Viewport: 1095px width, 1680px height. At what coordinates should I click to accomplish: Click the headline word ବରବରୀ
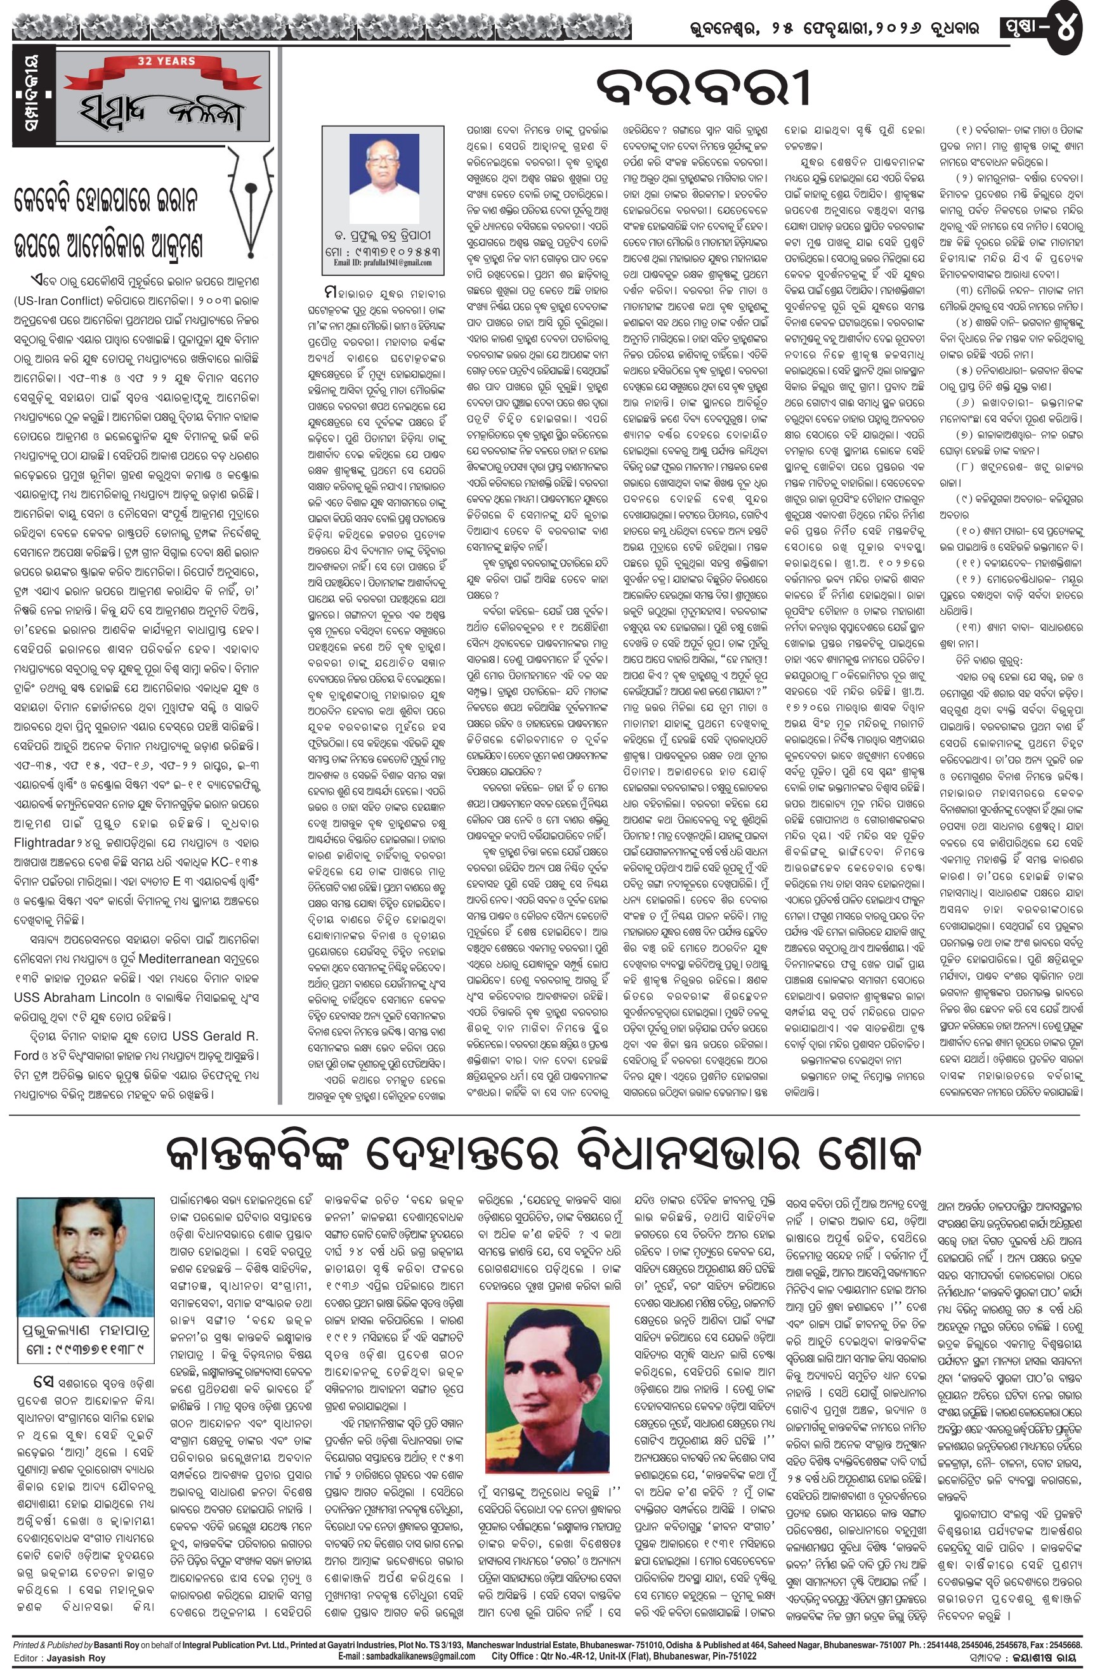pyautogui.click(x=703, y=88)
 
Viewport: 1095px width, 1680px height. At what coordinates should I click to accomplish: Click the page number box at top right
pyautogui.click(x=1044, y=29)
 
